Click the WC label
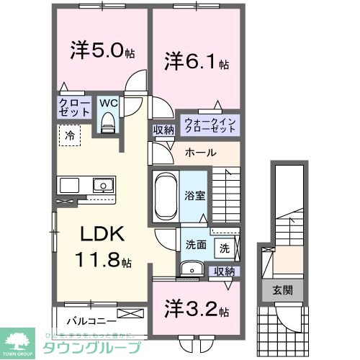(x=109, y=103)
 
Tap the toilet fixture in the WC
(x=109, y=123)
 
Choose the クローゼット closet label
(x=74, y=109)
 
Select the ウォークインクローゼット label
(x=210, y=124)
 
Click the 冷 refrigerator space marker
(x=71, y=134)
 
